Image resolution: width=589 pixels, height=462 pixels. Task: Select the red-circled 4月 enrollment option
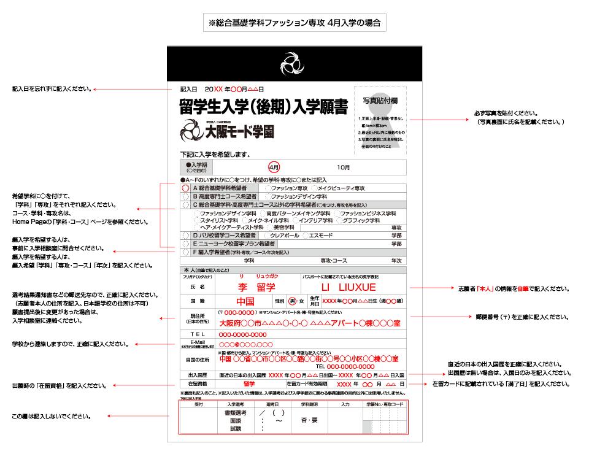pyautogui.click(x=274, y=167)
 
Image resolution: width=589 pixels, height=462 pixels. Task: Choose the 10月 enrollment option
pyautogui.click(x=344, y=167)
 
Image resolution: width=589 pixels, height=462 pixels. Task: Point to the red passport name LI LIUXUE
pyautogui.click(x=348, y=287)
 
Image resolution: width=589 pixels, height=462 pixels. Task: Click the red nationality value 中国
pyautogui.click(x=245, y=302)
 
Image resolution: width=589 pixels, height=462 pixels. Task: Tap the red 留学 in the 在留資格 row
pyautogui.click(x=249, y=384)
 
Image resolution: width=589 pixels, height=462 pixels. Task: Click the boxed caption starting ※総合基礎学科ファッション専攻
pyautogui.click(x=294, y=23)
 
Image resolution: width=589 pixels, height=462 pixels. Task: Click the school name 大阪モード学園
pyautogui.click(x=239, y=131)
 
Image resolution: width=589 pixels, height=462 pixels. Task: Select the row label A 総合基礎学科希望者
pyautogui.click(x=220, y=188)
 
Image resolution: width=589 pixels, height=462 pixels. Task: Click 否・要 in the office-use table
pyautogui.click(x=309, y=420)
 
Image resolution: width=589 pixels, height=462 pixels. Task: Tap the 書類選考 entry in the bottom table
pyautogui.click(x=236, y=413)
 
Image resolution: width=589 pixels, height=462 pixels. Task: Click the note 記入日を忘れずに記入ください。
pyautogui.click(x=52, y=89)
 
